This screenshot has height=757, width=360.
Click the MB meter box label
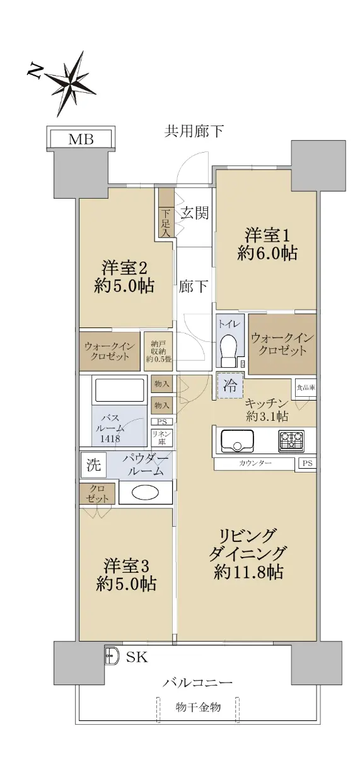point(81,139)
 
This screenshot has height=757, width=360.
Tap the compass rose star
point(71,83)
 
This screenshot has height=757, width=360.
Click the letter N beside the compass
point(35,71)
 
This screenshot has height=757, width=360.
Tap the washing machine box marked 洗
point(93,465)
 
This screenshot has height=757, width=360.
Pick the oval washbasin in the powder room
point(145,493)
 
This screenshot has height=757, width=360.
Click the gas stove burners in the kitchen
point(291,441)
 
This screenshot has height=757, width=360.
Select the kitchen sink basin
point(238,441)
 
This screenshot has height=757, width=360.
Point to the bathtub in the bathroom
point(119,390)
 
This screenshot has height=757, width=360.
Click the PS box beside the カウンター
point(307,463)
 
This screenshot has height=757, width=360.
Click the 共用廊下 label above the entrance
point(194,131)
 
